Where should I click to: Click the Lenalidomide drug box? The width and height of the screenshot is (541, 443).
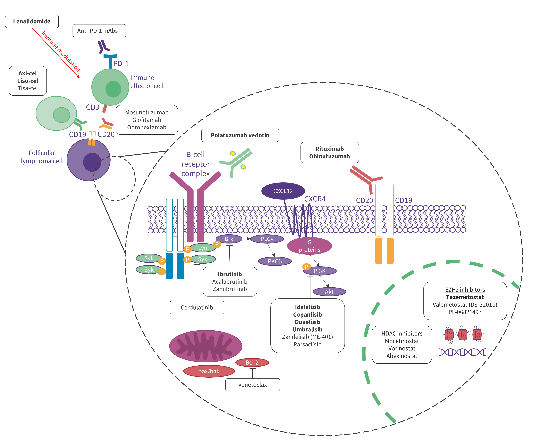[x=32, y=21]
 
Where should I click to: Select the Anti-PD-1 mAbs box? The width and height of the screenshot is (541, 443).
[x=99, y=31]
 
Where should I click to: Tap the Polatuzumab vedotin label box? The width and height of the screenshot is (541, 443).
[x=240, y=135]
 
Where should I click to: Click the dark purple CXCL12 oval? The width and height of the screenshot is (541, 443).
[x=283, y=191]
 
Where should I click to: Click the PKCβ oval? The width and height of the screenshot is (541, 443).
[x=275, y=261]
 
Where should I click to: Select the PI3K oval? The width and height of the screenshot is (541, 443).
[x=320, y=271]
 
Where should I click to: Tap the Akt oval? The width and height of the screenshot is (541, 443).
[x=329, y=292]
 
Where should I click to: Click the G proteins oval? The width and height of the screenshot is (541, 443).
[x=309, y=246]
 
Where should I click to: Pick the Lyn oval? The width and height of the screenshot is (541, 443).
[x=203, y=248]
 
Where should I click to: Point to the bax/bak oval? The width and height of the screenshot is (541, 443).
[x=209, y=371]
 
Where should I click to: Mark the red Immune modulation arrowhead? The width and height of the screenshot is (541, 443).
[x=78, y=76]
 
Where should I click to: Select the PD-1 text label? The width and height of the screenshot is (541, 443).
[x=121, y=64]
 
